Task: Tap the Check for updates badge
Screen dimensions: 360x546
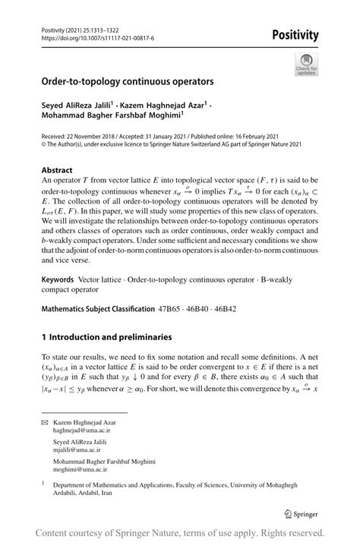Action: click(307, 64)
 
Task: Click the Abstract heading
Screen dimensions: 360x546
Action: click(58, 172)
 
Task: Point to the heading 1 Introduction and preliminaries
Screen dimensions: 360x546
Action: click(117, 336)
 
